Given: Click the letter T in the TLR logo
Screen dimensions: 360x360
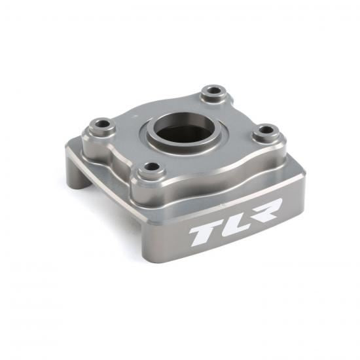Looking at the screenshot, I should pos(201,233).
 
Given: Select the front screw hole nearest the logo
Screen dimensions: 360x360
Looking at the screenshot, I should pos(152,167).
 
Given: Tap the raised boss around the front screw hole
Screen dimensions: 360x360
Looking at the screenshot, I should pos(141,173).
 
